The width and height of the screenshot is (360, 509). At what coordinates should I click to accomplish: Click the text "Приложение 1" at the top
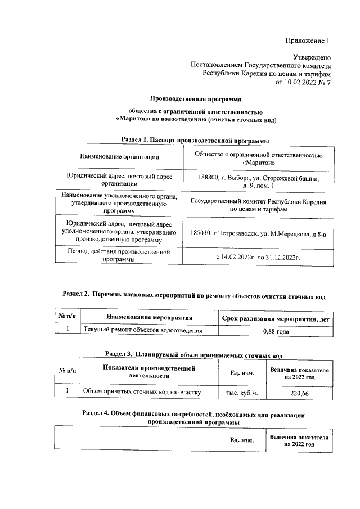(x=306, y=41)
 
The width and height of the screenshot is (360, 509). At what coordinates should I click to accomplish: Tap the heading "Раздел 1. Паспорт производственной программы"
(x=194, y=139)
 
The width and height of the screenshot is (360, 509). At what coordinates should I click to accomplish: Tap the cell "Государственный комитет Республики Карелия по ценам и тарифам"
(x=258, y=205)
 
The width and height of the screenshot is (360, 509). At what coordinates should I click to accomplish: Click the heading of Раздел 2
(x=193, y=294)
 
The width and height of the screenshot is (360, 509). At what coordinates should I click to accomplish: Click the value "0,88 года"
(x=276, y=331)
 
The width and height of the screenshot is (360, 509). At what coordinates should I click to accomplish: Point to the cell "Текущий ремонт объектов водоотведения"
(x=142, y=331)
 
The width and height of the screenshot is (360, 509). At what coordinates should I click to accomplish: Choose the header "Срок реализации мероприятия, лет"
(x=276, y=319)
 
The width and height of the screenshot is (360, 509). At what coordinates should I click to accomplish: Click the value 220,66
(x=299, y=393)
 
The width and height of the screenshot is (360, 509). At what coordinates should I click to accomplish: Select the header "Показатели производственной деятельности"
(x=149, y=372)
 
